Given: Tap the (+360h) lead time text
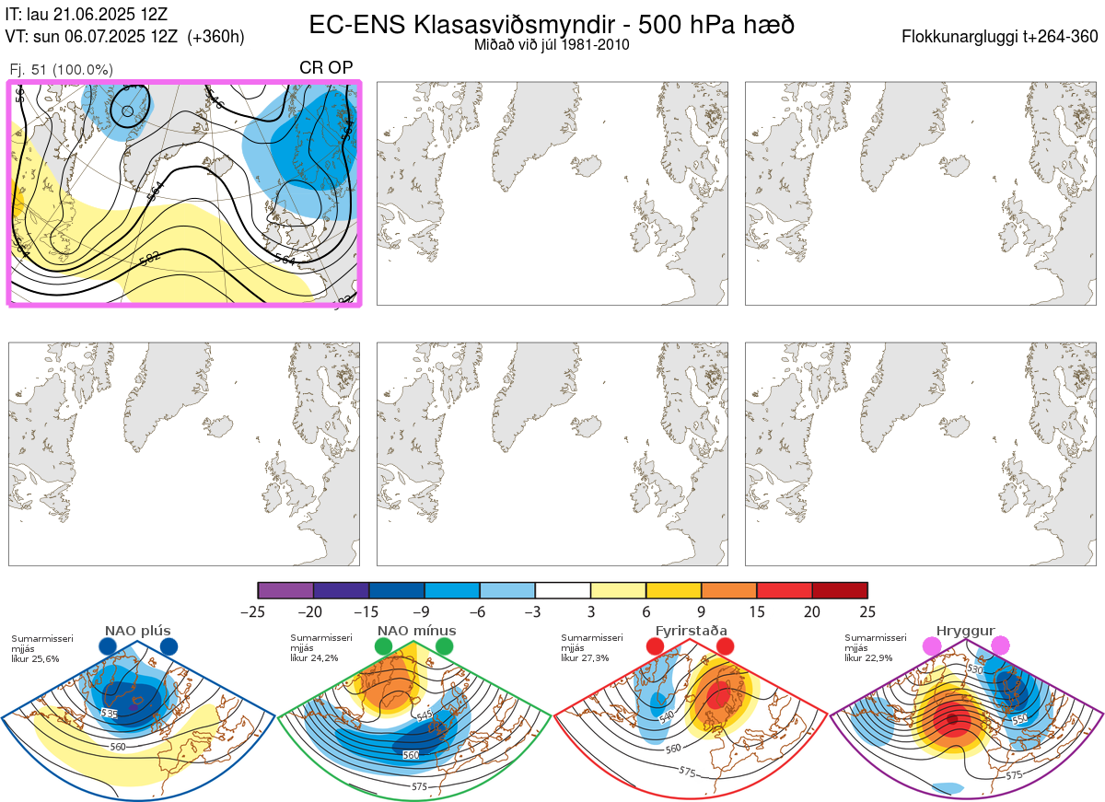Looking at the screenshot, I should [x=215, y=37].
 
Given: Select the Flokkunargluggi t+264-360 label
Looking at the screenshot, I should [x=1000, y=37].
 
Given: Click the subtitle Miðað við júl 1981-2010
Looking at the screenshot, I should [x=552, y=45].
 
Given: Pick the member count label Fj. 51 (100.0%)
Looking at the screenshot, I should [x=61, y=70].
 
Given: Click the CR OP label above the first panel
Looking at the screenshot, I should [x=326, y=68].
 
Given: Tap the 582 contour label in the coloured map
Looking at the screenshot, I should [x=149, y=260].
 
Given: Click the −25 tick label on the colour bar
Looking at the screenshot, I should [x=258, y=611].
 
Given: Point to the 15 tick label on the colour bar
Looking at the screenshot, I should [x=757, y=611].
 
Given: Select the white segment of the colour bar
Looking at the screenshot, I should [x=563, y=590].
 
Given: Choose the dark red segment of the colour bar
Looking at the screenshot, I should [x=840, y=590].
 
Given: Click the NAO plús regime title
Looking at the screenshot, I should [x=138, y=631].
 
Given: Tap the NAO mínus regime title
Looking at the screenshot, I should [x=416, y=631].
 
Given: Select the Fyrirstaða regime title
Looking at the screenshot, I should [x=691, y=631].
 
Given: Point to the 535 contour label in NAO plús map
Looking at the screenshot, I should [x=109, y=714].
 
